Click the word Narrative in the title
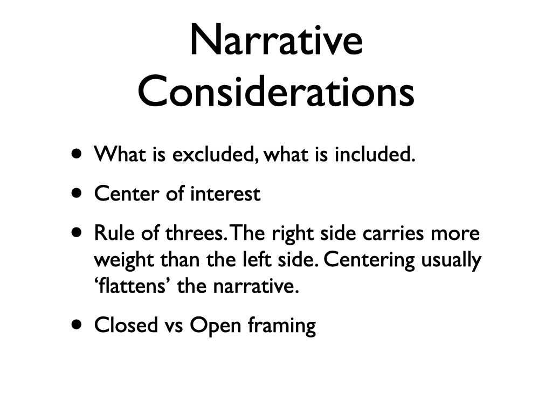pyautogui.click(x=277, y=40)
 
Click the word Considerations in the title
pyautogui.click(x=276, y=91)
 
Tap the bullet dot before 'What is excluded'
pyautogui.click(x=77, y=154)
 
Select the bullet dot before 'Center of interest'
pyautogui.click(x=77, y=193)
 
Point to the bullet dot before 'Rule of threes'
pyautogui.click(x=77, y=232)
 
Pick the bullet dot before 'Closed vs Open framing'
pyautogui.click(x=77, y=324)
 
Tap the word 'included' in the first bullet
pyautogui.click(x=375, y=154)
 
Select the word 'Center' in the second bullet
pyautogui.click(x=127, y=194)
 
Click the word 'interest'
pyautogui.click(x=225, y=194)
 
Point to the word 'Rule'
pyautogui.click(x=114, y=233)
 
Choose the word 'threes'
pyautogui.click(x=195, y=233)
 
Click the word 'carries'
pyautogui.click(x=393, y=233)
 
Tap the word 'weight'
pyautogui.click(x=124, y=260)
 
